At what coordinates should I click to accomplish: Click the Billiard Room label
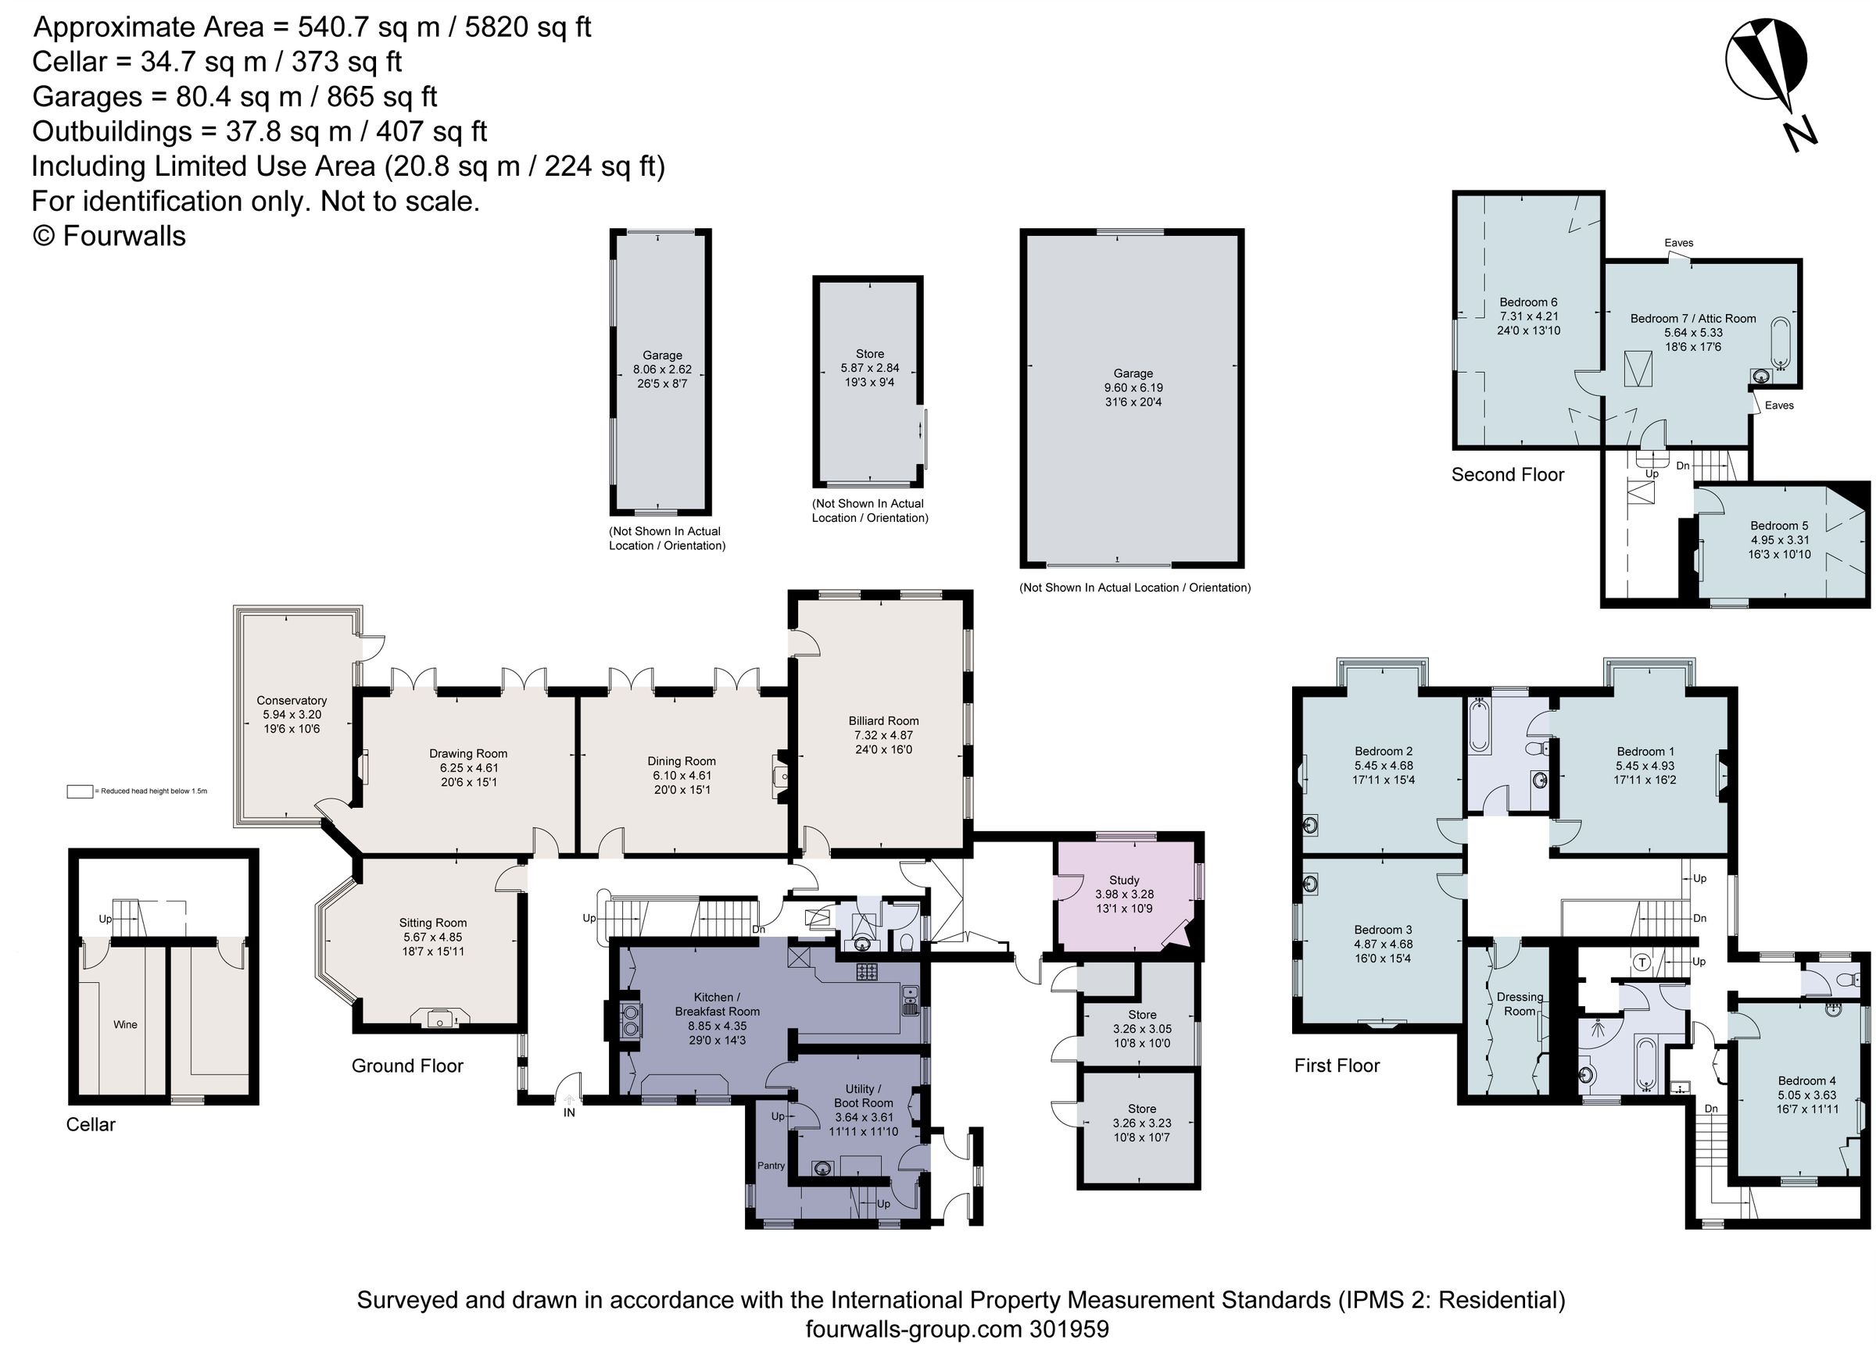(x=883, y=721)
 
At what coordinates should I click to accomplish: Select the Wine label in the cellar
(x=125, y=1025)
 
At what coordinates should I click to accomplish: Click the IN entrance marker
(x=569, y=1112)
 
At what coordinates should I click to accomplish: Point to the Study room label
(x=1124, y=880)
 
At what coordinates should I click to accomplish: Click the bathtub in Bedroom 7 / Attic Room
(x=1779, y=342)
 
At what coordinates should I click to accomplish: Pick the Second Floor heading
(x=1507, y=474)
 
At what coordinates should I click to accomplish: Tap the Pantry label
(x=771, y=1166)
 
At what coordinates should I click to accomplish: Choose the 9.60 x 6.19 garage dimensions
(x=1133, y=387)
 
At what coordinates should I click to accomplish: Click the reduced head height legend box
(x=81, y=791)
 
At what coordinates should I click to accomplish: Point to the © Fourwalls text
(x=109, y=237)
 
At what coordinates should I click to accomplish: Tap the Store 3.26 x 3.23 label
(x=1141, y=1109)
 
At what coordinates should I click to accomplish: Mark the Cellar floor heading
(x=91, y=1125)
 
